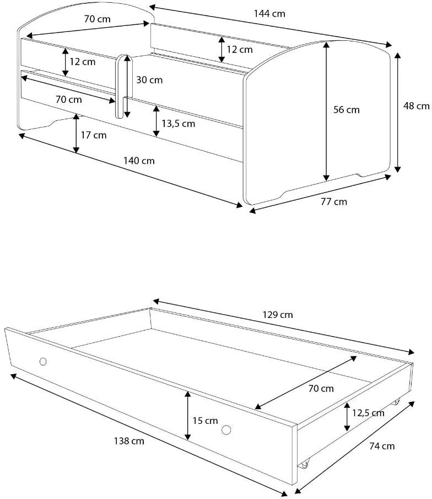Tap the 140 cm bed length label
point(139,161)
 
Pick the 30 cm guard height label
point(149,80)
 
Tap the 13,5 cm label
point(179,123)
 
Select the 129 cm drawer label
point(278,315)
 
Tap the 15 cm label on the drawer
point(204,421)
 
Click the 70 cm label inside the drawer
point(321,389)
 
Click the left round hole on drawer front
point(44,362)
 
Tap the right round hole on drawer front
point(226,430)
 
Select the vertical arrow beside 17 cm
point(76,134)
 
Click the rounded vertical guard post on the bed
point(120,86)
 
